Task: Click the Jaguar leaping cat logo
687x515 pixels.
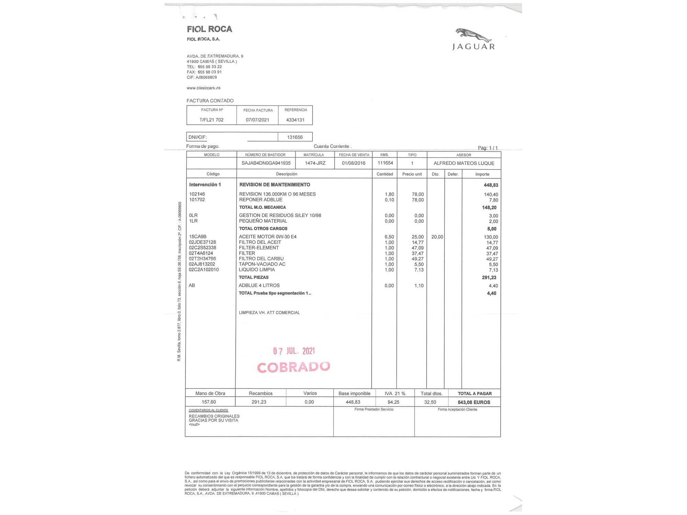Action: click(x=473, y=35)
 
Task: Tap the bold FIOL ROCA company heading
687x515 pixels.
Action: click(x=210, y=29)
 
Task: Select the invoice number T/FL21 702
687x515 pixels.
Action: click(x=212, y=120)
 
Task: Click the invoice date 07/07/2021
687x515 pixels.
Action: click(x=257, y=120)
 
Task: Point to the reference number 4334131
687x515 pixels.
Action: click(x=295, y=120)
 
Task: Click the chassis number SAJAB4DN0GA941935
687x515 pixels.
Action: click(x=266, y=163)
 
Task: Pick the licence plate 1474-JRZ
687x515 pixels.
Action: click(x=315, y=163)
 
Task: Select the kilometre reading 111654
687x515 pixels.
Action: click(x=385, y=163)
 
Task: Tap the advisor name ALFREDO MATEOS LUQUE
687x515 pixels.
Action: click(x=464, y=163)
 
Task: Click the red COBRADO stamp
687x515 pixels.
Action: click(x=294, y=367)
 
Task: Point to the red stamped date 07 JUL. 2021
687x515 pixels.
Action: click(x=294, y=351)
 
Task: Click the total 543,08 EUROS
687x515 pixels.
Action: click(x=474, y=402)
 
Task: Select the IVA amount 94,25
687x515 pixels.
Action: click(x=393, y=402)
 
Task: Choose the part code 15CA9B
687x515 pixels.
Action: click(x=198, y=237)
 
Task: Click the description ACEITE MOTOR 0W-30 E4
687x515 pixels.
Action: click(x=268, y=237)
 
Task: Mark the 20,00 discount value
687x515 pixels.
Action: click(x=437, y=237)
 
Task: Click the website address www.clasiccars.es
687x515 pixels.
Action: click(x=203, y=88)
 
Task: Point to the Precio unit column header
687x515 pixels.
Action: click(x=412, y=174)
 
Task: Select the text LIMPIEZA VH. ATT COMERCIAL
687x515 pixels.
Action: click(x=269, y=313)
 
